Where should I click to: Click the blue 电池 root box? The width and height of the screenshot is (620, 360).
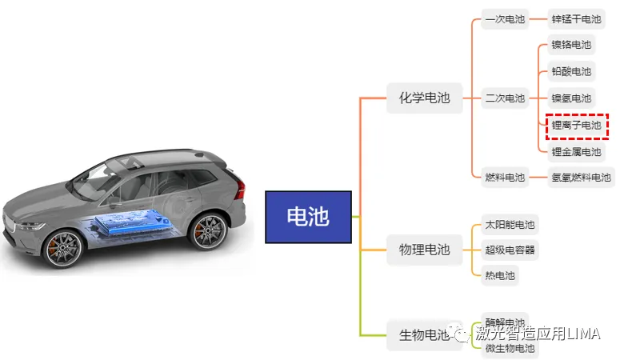point(308,217)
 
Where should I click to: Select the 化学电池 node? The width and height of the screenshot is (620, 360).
point(425,98)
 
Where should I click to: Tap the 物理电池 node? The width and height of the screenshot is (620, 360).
point(425,250)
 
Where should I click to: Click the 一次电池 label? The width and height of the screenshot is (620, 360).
point(505,19)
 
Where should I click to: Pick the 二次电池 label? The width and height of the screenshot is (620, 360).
point(505,98)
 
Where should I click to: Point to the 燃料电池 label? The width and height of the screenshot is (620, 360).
point(505,177)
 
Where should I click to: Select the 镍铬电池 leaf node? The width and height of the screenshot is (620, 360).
point(571,46)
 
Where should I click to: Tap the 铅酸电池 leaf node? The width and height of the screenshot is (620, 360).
point(571,72)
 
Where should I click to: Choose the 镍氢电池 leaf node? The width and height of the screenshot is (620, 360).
point(571,98)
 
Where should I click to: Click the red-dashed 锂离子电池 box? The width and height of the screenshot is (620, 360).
point(576,126)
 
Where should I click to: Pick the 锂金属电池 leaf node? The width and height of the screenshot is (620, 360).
point(576,151)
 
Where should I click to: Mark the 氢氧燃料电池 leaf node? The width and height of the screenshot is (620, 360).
point(581,177)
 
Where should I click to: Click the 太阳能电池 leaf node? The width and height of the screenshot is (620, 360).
point(510,225)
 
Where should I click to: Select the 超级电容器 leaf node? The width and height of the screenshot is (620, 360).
point(510,250)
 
